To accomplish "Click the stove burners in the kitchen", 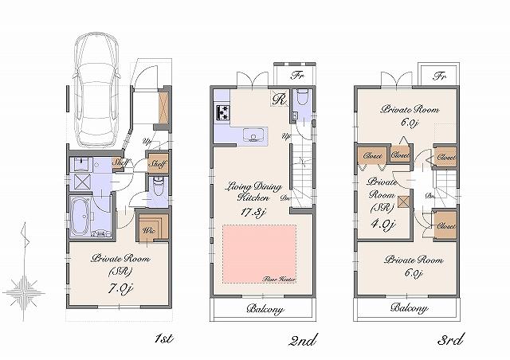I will (x=222, y=112).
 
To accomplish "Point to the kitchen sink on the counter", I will (x=253, y=135).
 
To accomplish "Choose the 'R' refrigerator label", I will (x=278, y=100).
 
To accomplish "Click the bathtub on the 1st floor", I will (x=82, y=216).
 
